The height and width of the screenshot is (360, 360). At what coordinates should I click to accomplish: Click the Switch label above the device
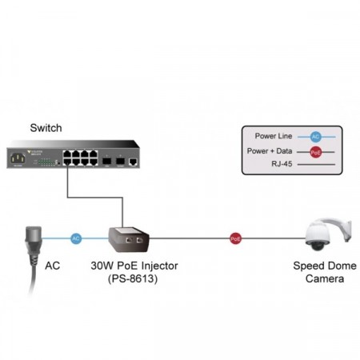pos(46,127)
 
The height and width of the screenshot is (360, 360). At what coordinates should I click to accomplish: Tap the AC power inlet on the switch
pos(17,158)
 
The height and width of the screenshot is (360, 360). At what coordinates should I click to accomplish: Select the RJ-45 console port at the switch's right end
pos(133,162)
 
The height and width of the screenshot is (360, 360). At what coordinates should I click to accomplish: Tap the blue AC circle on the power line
pos(76,238)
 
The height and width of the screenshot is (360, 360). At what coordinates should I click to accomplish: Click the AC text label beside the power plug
pos(53,265)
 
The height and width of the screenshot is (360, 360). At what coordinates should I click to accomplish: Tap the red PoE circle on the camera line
pos(235,238)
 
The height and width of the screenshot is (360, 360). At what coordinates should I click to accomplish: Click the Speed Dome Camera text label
pos(325,272)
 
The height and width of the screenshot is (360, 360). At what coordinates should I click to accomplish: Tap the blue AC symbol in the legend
pos(315,137)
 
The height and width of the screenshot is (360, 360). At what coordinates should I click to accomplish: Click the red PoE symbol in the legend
pos(315,150)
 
